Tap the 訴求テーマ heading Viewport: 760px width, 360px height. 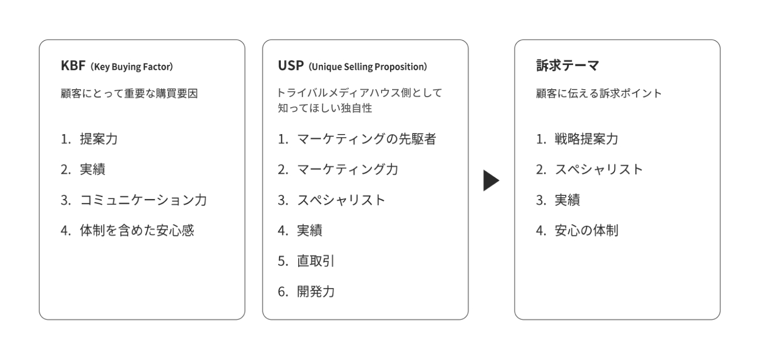click(568, 65)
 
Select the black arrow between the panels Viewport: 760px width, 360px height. click(491, 181)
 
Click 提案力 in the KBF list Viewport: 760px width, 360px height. click(99, 139)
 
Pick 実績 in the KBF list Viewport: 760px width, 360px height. click(93, 169)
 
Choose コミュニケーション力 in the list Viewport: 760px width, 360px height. click(143, 200)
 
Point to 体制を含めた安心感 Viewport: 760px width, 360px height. click(137, 230)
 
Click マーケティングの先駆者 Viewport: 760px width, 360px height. click(366, 139)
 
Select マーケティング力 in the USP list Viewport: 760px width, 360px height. click(347, 169)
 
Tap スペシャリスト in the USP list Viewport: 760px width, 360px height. click(341, 200)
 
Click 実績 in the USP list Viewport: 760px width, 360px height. click(309, 230)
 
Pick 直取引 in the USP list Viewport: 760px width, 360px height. click(316, 261)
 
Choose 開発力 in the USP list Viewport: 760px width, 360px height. click(316, 291)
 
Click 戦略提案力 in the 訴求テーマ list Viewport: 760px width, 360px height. click(586, 139)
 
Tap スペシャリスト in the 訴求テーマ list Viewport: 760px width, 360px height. click(599, 169)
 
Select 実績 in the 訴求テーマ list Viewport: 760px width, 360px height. click(567, 200)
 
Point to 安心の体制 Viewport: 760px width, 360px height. click(586, 230)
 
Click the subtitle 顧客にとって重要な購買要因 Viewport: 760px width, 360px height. click(129, 93)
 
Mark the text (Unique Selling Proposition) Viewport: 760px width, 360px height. click(368, 67)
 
